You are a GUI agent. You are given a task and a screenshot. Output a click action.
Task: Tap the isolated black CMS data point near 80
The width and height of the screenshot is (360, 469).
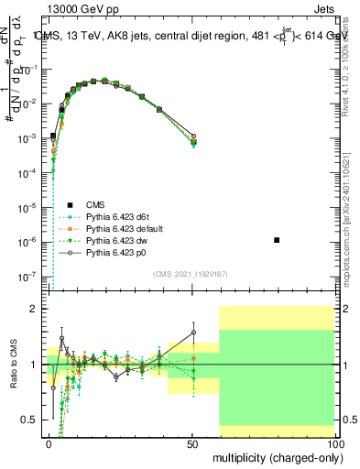pos(277,240)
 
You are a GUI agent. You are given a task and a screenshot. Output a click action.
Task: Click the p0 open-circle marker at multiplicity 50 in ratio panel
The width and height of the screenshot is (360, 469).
pos(193,333)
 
